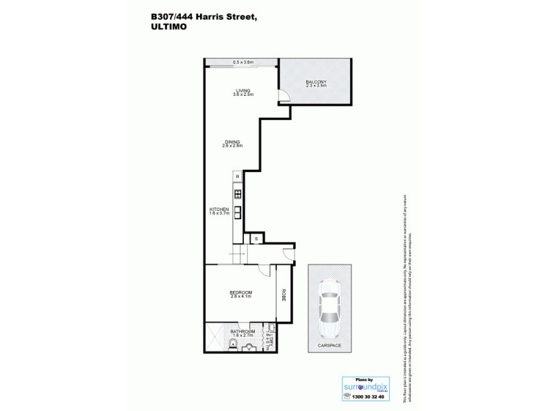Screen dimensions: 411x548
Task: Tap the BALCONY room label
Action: point(316,83)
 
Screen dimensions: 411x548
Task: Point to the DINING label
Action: point(232,142)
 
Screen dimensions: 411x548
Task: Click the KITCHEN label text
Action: point(219,208)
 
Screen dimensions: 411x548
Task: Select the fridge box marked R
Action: point(237,177)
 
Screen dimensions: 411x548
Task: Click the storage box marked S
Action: point(256,238)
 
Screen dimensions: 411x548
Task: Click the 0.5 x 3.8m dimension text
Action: point(243,62)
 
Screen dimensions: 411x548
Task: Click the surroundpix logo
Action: point(363,386)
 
